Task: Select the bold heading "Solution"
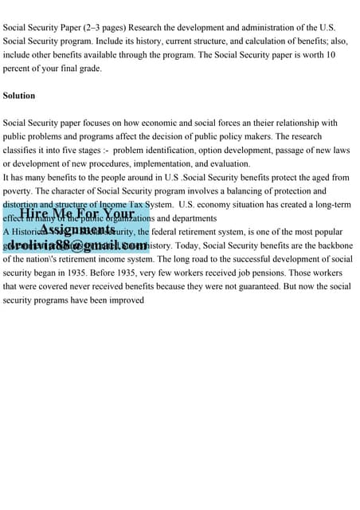19,96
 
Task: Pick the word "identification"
178,150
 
